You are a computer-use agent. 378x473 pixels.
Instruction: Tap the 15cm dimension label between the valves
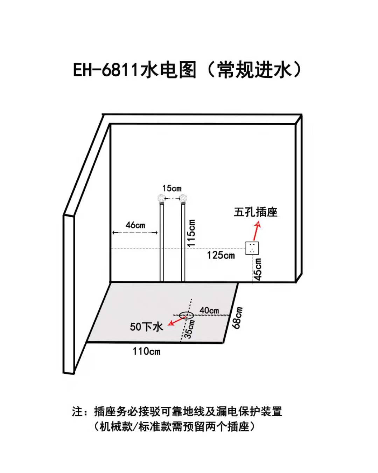pos(172,188)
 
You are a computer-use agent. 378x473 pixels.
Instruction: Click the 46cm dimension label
pos(135,225)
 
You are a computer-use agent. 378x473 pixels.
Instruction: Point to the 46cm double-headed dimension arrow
pos(135,233)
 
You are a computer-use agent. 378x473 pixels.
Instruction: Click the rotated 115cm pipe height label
pos(191,233)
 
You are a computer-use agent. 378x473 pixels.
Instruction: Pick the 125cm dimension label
pos(220,255)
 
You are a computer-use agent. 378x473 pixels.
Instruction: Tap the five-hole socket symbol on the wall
pos(252,248)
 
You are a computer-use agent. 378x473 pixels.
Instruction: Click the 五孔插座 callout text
pos(255,212)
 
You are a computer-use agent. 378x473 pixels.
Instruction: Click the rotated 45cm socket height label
pos(258,269)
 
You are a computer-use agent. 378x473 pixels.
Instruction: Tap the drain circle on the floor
pos(186,315)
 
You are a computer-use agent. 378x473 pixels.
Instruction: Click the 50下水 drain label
pos(146,327)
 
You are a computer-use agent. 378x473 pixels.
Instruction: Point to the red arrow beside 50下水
pos(175,321)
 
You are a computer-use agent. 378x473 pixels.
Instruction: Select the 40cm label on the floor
pos(209,310)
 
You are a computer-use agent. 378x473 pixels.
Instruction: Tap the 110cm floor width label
pos(146,351)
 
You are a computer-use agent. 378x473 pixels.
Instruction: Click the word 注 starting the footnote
pos(78,411)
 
